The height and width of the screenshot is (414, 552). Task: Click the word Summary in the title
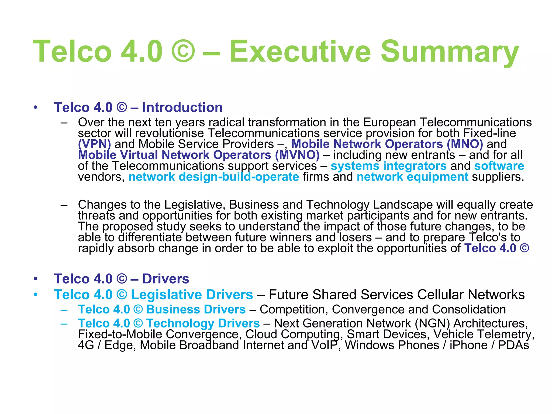[x=450, y=51]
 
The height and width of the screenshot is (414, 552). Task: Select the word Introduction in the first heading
[x=182, y=108]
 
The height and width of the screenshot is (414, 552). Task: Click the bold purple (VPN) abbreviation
[x=94, y=144]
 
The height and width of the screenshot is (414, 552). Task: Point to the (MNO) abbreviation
[x=465, y=144]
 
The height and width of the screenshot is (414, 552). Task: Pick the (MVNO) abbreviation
[x=297, y=155]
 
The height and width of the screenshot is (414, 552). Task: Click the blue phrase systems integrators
[x=388, y=166]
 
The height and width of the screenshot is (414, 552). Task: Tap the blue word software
[x=499, y=166]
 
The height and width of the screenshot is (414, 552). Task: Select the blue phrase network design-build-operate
[x=214, y=177]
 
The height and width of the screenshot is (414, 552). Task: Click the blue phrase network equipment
[x=412, y=177]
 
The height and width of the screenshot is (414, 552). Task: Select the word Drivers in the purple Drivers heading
[x=166, y=279]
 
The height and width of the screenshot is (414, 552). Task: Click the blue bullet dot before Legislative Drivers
[x=36, y=295]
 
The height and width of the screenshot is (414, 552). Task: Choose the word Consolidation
[x=469, y=309]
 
